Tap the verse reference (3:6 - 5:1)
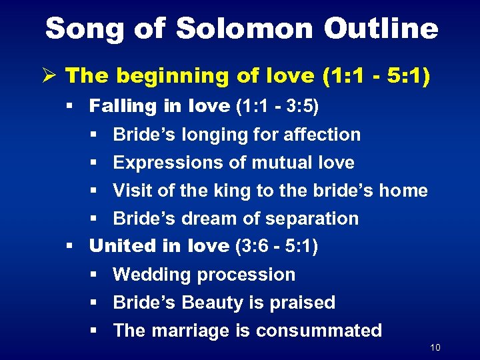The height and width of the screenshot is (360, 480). [x=277, y=246]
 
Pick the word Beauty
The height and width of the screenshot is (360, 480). [x=211, y=303]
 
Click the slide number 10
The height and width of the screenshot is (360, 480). [x=435, y=348]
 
